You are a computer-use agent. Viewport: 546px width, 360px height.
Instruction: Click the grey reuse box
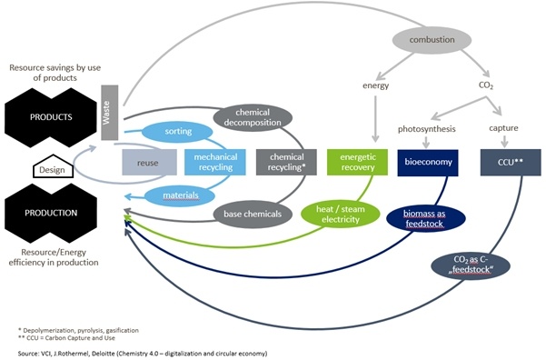[149, 162]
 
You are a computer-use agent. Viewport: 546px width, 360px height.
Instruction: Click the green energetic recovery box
[356, 162]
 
